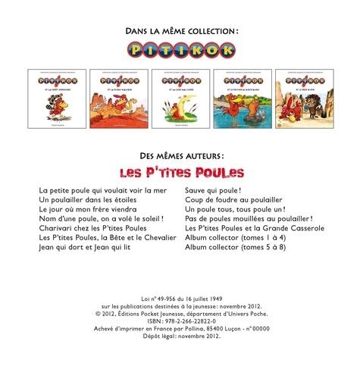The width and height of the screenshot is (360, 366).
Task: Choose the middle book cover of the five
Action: pyautogui.click(x=180, y=98)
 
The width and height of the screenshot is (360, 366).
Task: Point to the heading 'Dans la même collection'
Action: pyautogui.click(x=180, y=31)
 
